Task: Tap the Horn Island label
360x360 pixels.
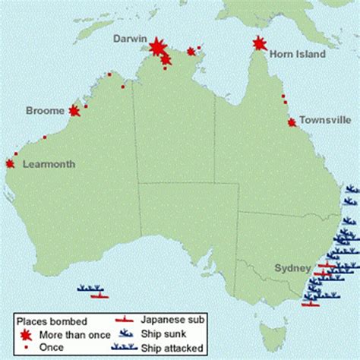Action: (299, 54)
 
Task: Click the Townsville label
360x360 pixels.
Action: (324, 120)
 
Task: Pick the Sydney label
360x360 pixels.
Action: (292, 268)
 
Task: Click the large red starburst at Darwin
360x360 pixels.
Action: (157, 48)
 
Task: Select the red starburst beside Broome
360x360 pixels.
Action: (74, 111)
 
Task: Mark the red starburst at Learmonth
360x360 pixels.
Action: (10, 163)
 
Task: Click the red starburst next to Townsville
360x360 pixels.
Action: (292, 122)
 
